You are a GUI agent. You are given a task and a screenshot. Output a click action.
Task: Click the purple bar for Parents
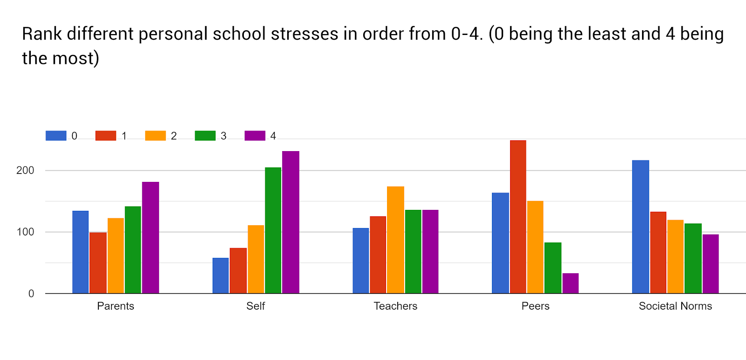(150, 238)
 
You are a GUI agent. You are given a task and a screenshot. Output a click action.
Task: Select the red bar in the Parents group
(98, 263)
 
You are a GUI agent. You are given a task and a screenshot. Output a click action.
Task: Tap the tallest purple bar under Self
(290, 222)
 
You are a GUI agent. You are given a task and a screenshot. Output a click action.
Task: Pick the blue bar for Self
(221, 276)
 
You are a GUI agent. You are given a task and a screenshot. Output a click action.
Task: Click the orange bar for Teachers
(395, 240)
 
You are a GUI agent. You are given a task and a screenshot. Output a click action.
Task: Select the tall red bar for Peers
(518, 217)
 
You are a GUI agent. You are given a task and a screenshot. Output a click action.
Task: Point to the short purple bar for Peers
(570, 284)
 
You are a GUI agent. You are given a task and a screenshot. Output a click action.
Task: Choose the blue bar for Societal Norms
(640, 227)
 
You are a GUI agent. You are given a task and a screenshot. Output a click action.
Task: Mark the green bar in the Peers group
(553, 268)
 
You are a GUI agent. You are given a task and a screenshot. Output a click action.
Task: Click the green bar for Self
(273, 230)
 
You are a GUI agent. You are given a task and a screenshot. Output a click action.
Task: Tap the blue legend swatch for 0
(56, 136)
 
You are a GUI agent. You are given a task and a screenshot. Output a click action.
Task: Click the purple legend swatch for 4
(255, 136)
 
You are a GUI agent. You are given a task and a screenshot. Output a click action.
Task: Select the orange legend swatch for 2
(155, 136)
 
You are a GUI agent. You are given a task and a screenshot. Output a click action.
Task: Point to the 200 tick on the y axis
(25, 171)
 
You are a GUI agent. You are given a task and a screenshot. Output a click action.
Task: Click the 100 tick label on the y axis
(25, 232)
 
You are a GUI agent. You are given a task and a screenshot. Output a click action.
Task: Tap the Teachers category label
(395, 306)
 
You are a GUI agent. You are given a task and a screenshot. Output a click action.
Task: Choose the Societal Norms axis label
(675, 306)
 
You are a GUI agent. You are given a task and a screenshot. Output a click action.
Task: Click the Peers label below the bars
(535, 306)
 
